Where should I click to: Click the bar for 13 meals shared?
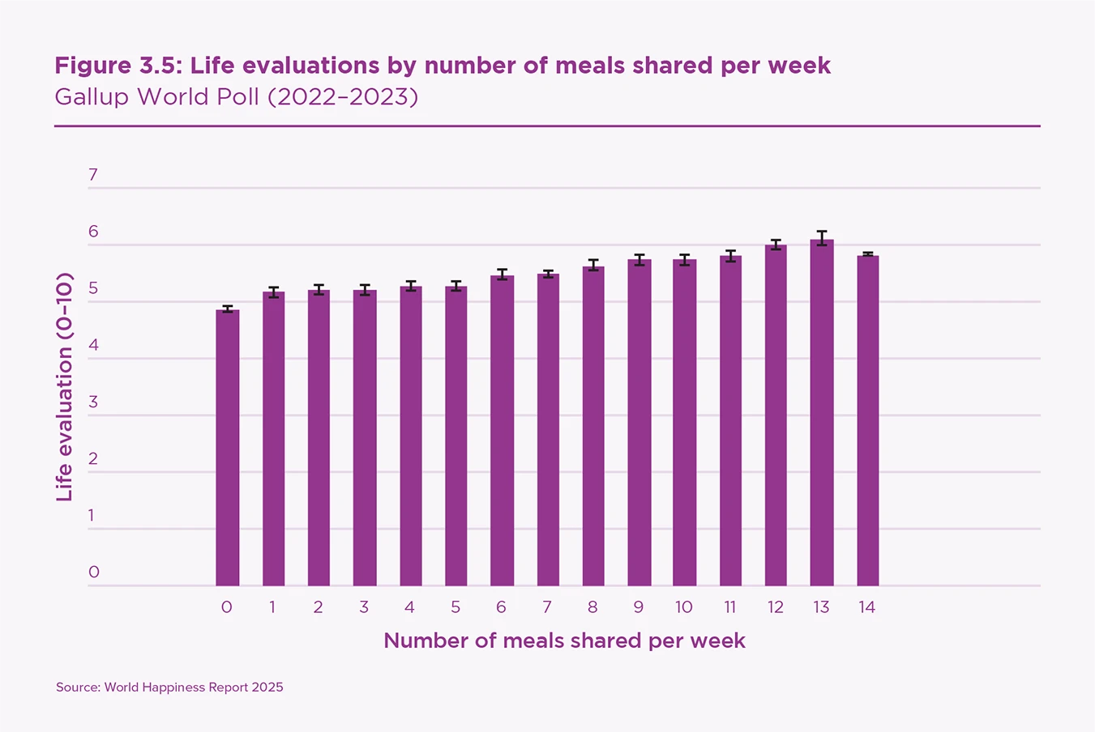(x=822, y=413)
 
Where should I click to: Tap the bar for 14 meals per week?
(x=867, y=421)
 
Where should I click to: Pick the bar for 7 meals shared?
(x=548, y=430)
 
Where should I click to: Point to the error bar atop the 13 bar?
(x=822, y=238)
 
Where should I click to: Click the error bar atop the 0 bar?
(x=227, y=309)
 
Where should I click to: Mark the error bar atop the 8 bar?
(x=593, y=265)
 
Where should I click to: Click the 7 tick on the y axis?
(x=93, y=175)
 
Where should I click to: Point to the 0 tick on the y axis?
(x=93, y=572)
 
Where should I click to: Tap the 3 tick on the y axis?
(x=93, y=402)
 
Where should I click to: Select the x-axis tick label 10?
(x=684, y=607)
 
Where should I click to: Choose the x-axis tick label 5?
(x=456, y=607)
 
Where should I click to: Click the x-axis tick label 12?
(x=776, y=607)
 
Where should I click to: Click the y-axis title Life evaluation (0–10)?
(x=65, y=386)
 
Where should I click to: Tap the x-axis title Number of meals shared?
(x=564, y=640)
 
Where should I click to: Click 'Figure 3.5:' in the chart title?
(x=119, y=66)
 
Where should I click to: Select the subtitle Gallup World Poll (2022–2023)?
(x=236, y=97)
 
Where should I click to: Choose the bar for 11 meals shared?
(x=730, y=421)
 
